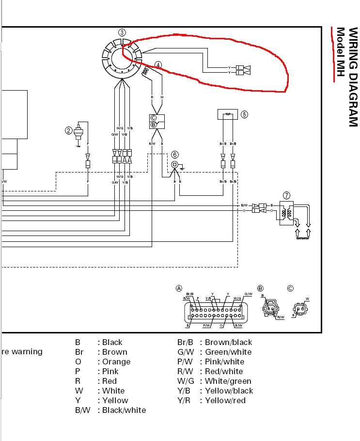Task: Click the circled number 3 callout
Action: pyautogui.click(x=122, y=32)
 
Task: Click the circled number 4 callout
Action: pyautogui.click(x=158, y=64)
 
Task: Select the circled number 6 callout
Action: pyautogui.click(x=174, y=155)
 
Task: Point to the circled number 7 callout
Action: pyautogui.click(x=287, y=196)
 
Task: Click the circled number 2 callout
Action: pyautogui.click(x=69, y=130)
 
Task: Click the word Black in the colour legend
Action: pyautogui.click(x=112, y=342)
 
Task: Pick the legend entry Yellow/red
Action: pyautogui.click(x=225, y=400)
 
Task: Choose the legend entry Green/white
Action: pyautogui.click(x=228, y=352)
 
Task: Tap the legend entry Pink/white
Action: pyautogui.click(x=225, y=362)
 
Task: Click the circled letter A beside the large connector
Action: pyautogui.click(x=179, y=288)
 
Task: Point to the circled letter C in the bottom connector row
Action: pyautogui.click(x=290, y=288)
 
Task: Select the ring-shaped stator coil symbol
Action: pyautogui.click(x=122, y=58)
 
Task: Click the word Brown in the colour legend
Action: pyautogui.click(x=115, y=352)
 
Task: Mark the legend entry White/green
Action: pyautogui.click(x=228, y=381)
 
